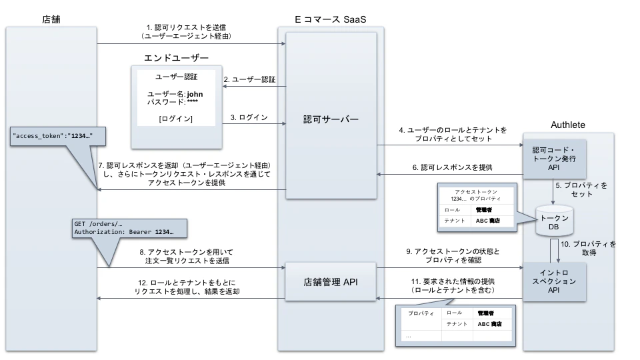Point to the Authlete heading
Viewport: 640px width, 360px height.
(x=568, y=125)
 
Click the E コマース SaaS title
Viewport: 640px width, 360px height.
(x=331, y=18)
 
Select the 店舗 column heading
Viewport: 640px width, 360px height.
(x=51, y=18)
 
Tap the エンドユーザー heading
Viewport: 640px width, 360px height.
(x=176, y=59)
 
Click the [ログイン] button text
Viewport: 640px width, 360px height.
(x=176, y=119)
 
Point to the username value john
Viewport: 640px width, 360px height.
(x=195, y=95)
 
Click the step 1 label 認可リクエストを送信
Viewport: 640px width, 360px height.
(x=191, y=31)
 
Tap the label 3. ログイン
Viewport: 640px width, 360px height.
(x=249, y=117)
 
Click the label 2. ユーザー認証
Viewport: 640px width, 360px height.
(x=249, y=79)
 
